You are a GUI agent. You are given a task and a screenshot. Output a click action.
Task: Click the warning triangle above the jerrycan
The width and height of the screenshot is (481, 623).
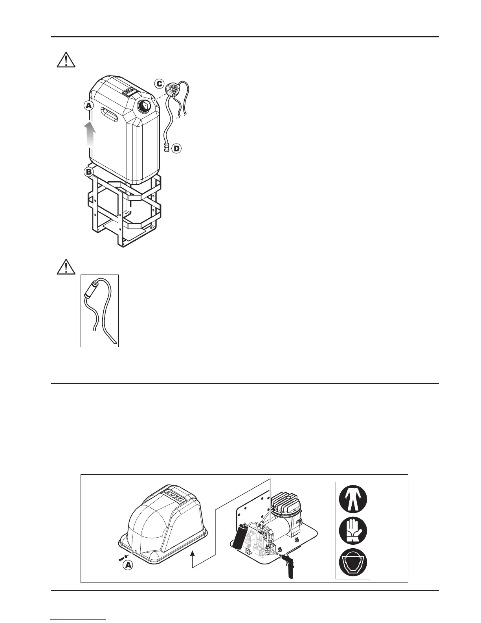[66, 59]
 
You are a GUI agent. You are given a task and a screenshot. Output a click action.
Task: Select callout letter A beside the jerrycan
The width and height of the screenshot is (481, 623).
[89, 105]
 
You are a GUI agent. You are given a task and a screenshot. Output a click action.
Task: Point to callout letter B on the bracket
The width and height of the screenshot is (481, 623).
[89, 172]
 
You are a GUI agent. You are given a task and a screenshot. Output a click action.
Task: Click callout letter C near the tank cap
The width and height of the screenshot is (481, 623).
[159, 84]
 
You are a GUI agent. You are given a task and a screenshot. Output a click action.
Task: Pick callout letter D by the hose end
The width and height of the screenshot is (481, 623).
[177, 149]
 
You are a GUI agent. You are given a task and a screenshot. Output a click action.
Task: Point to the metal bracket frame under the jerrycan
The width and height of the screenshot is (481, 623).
[123, 208]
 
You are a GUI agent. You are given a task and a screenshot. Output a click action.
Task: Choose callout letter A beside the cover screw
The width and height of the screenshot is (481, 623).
[128, 565]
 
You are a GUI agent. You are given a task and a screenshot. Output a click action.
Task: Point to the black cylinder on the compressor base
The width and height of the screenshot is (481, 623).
[240, 536]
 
